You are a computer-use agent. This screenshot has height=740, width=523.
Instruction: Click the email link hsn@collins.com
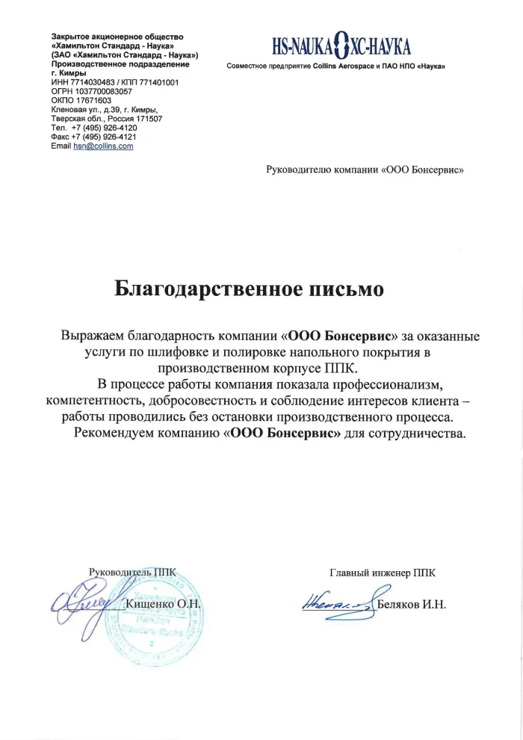pyautogui.click(x=103, y=146)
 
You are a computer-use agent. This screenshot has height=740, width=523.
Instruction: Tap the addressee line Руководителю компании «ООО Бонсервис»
pyautogui.click(x=365, y=170)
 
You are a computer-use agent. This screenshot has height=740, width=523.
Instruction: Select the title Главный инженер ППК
pyautogui.click(x=382, y=573)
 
